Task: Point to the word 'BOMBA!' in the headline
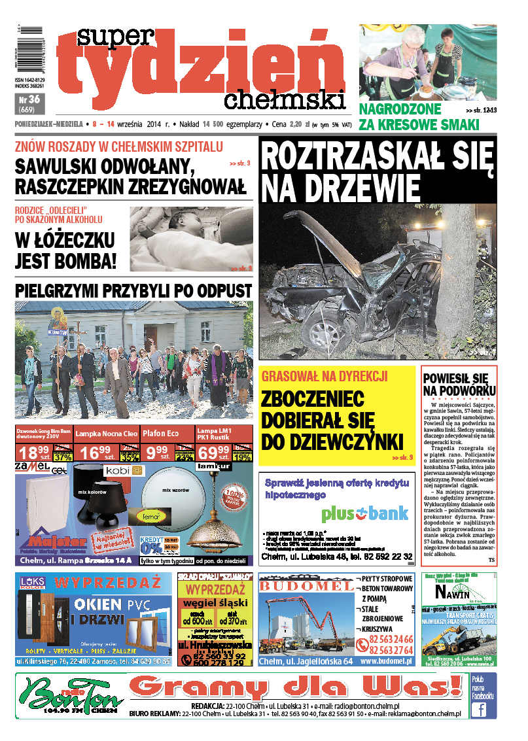point(85,261)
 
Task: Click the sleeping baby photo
point(190,239)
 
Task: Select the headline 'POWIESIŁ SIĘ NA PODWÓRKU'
point(459,385)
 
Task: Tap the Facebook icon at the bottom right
point(482,710)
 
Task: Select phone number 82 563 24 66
point(391,639)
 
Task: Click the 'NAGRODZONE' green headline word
point(400,109)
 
